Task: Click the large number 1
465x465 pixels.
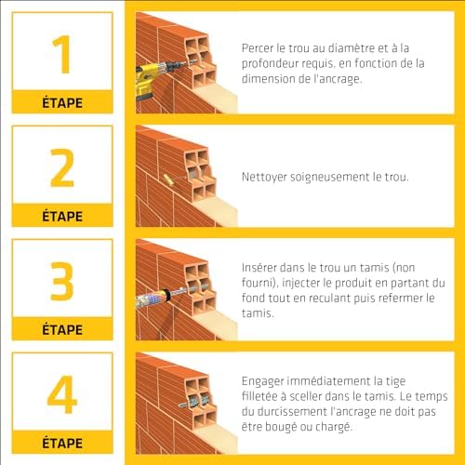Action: [x=62, y=55]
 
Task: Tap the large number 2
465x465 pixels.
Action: [x=62, y=168]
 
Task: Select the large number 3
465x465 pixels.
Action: [x=62, y=282]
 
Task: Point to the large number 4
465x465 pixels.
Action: [x=62, y=395]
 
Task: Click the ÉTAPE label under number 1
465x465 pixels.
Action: [x=62, y=102]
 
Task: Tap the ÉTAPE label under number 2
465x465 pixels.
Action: [x=62, y=216]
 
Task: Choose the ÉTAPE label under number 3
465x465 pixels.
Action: [x=62, y=329]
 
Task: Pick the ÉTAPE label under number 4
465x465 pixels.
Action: [x=62, y=443]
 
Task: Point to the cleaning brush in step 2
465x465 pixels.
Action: [x=167, y=179]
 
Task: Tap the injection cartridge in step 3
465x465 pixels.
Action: [x=153, y=298]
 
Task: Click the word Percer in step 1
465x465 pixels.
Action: [x=259, y=47]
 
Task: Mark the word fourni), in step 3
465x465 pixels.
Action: [x=263, y=282]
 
